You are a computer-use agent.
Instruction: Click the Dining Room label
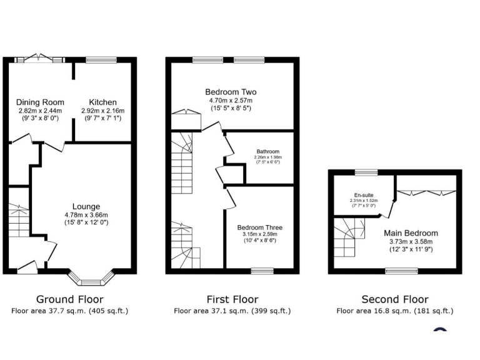point(41,102)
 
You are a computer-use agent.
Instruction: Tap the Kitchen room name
point(102,102)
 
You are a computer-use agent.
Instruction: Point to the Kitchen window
point(97,60)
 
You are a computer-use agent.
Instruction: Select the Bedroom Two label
point(231,92)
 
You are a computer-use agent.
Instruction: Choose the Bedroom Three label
point(259,227)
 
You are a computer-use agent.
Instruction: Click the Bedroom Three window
point(262,271)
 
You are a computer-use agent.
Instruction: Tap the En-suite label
point(363,194)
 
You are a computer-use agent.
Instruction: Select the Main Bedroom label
point(411,233)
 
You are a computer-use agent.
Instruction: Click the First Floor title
point(232,299)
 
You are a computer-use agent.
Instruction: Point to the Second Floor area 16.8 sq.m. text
point(394,311)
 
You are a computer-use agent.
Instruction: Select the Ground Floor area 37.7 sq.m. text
point(69,311)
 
